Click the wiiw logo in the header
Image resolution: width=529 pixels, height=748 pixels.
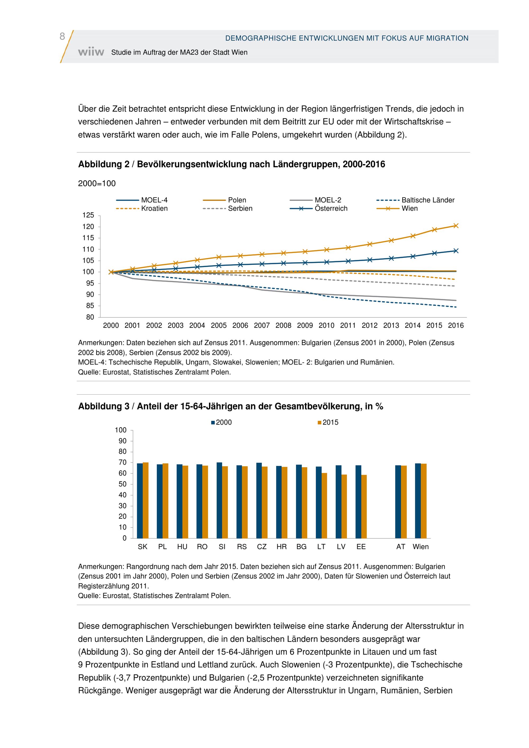[x=91, y=52]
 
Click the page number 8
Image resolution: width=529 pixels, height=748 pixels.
[x=62, y=36]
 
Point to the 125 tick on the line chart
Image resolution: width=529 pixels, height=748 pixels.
[x=88, y=215]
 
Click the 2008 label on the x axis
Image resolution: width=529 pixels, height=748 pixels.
[x=283, y=325]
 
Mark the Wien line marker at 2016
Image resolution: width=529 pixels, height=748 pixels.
[x=456, y=225]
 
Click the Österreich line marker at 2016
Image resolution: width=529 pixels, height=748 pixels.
[x=456, y=251]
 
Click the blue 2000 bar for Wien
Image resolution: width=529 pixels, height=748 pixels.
[x=418, y=501]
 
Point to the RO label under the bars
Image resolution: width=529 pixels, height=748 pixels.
[x=202, y=547]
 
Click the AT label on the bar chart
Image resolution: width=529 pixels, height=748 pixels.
[x=400, y=547]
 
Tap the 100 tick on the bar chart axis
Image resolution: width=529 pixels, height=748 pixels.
[x=121, y=430]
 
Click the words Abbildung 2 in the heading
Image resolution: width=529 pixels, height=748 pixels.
[x=104, y=164]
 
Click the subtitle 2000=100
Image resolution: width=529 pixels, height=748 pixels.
[x=97, y=184]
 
